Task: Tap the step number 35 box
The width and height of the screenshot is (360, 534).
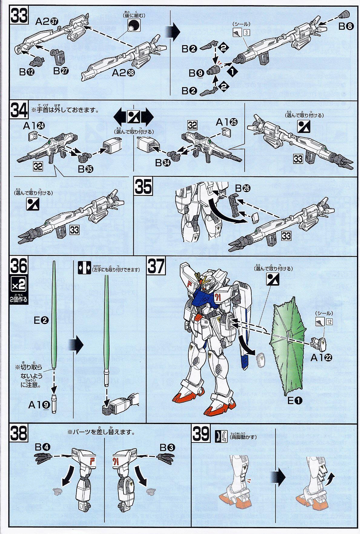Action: tap(143, 187)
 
